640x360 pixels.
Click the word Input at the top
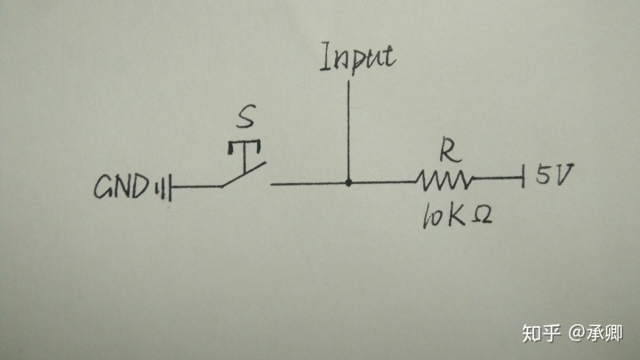pos(357,58)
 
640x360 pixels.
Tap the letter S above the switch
pos(250,117)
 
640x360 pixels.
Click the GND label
pos(122,188)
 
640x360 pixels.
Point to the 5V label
pos(554,175)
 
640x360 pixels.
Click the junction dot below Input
pos(348,183)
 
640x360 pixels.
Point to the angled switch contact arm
pos(244,177)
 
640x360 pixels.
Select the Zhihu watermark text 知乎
pos(541,333)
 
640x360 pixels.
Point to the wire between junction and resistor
pos(382,183)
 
